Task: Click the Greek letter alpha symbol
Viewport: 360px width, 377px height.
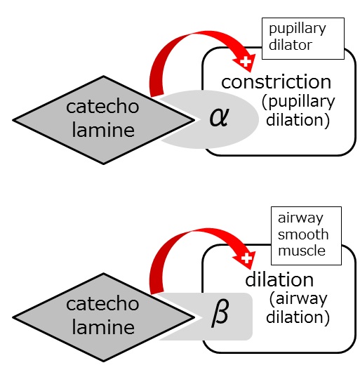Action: [219, 117]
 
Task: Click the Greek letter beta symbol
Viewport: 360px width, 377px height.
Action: [220, 313]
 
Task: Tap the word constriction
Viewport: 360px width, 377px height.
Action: [276, 82]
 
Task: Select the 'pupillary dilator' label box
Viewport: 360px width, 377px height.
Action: [302, 39]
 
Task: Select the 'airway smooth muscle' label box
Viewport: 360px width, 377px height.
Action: [306, 236]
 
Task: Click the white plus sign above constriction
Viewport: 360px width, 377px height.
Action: [246, 62]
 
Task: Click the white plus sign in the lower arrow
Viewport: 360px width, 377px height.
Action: [246, 259]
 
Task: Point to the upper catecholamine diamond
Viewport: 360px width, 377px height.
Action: [104, 120]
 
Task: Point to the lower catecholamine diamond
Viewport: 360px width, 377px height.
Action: [104, 317]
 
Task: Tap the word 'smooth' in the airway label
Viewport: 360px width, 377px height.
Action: [303, 234]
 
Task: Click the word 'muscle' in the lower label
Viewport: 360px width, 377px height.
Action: [302, 251]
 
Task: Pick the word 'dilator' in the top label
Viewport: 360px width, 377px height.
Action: [291, 45]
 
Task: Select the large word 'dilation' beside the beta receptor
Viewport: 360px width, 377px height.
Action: [279, 280]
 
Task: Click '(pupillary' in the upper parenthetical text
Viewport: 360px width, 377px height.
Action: [298, 102]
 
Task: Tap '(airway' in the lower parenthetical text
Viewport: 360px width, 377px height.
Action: [298, 300]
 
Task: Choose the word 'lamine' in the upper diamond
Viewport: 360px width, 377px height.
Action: [103, 130]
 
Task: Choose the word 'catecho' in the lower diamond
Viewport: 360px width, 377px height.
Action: [102, 304]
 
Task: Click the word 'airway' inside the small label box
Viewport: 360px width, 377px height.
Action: [300, 219]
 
